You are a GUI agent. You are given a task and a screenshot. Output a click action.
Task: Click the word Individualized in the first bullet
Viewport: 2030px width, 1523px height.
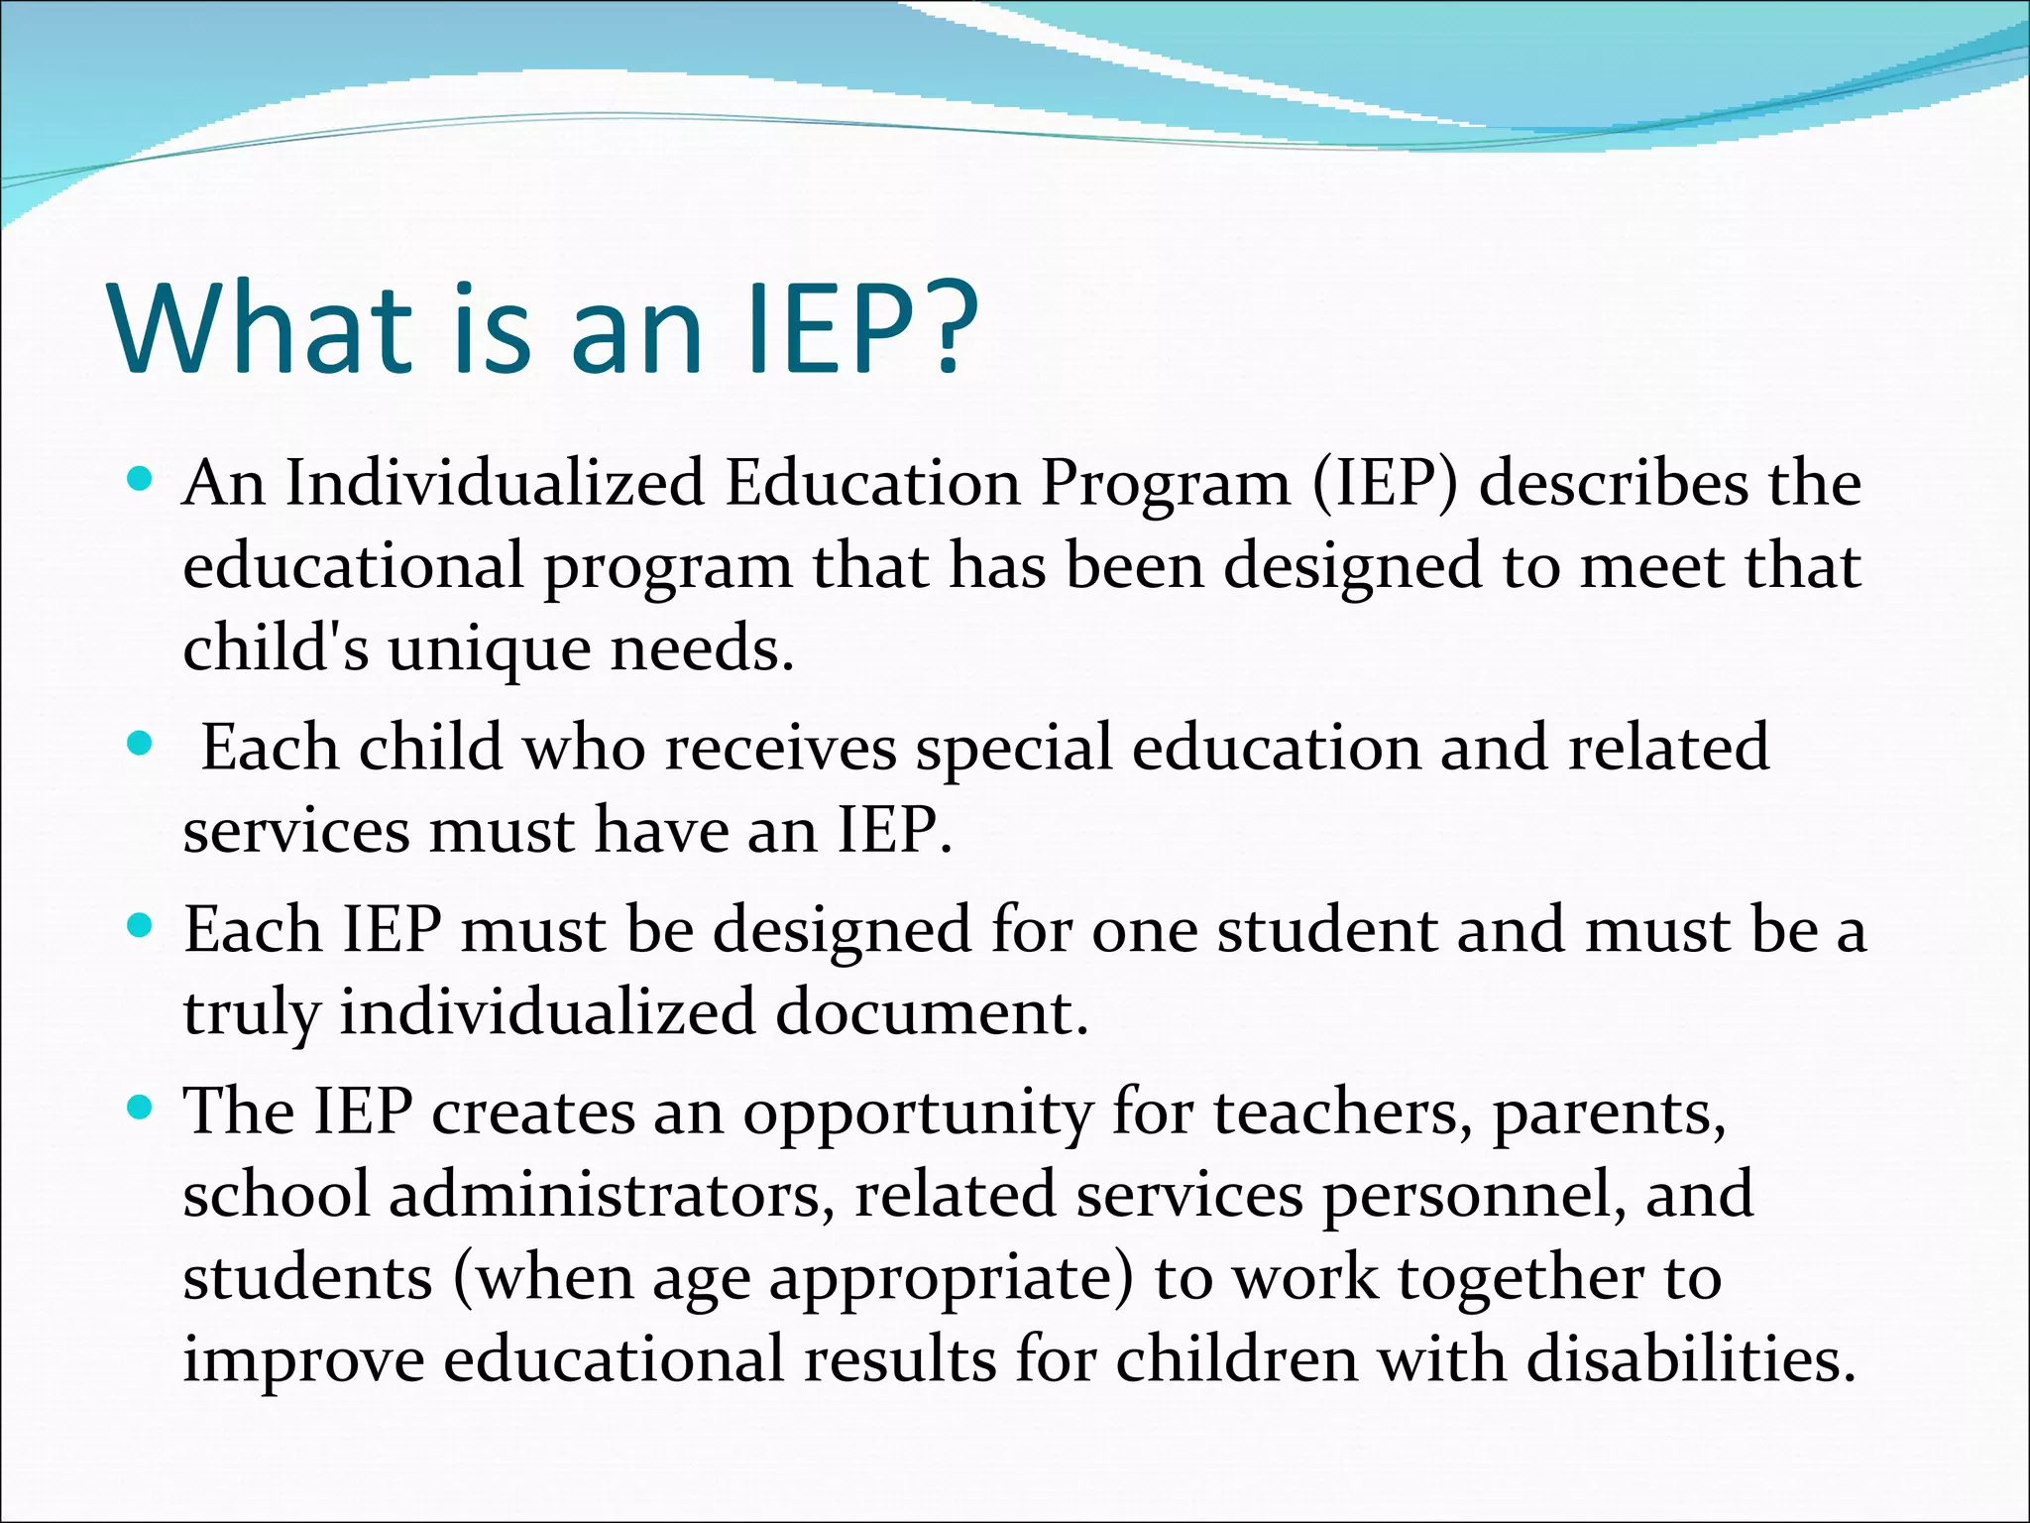click(495, 484)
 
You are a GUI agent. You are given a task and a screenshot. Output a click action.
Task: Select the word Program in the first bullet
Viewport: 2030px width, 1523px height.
click(1166, 486)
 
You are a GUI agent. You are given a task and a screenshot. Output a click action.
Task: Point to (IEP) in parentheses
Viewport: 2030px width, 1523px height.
click(1386, 484)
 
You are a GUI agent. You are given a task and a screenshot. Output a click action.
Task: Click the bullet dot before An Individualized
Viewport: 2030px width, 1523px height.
click(141, 481)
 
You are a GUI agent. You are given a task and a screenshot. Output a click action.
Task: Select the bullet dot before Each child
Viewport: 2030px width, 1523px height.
click(141, 744)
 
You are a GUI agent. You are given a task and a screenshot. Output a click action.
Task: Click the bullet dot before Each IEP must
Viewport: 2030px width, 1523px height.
click(141, 927)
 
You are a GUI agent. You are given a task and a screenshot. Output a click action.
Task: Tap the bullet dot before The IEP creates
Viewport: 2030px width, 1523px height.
click(141, 1108)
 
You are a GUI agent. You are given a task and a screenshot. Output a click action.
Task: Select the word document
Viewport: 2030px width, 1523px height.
click(931, 1012)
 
